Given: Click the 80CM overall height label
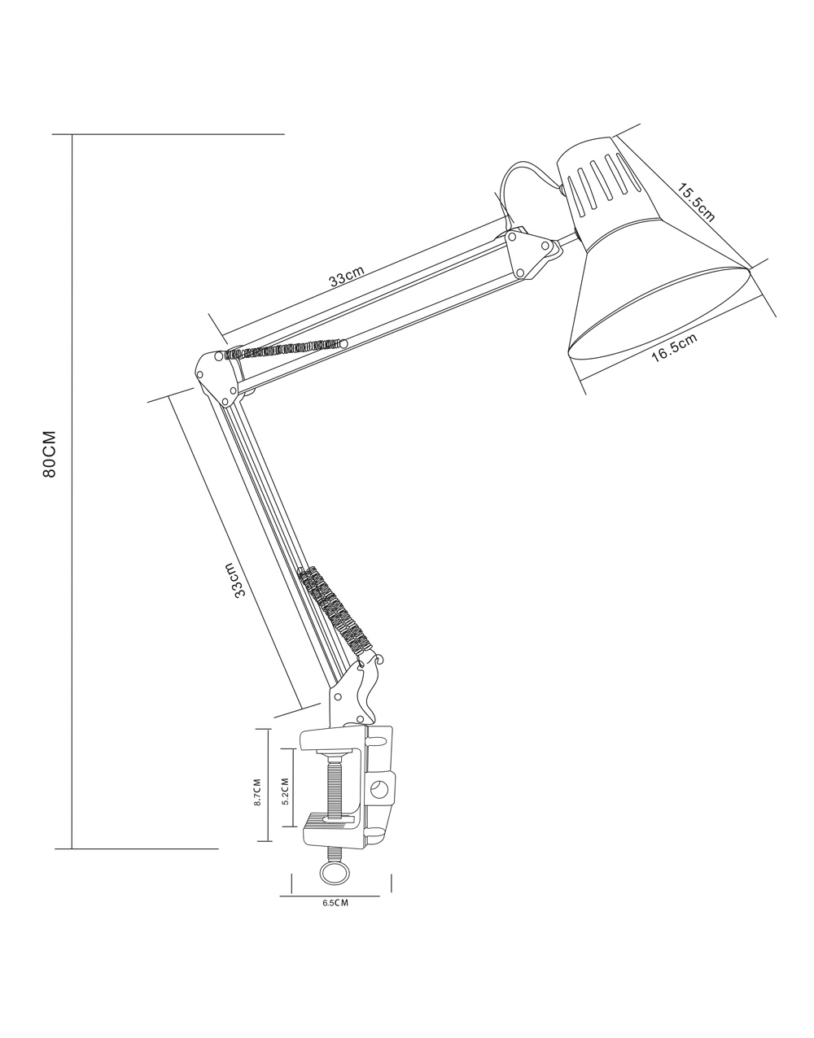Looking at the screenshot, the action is (49, 454).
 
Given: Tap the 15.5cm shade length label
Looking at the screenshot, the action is (696, 203).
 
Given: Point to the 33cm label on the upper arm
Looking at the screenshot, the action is (347, 275).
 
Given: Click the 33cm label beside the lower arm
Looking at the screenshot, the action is (235, 579).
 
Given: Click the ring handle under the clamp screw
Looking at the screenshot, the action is (335, 887).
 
